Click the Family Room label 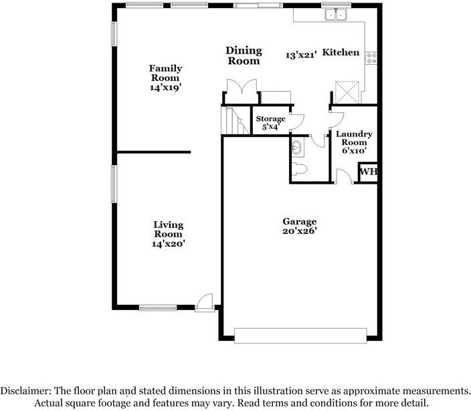coord(165,73)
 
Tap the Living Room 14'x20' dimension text coord(168,244)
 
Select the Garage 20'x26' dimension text coord(300,231)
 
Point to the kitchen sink coord(336,15)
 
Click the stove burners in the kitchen coord(371,58)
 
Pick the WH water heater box coord(368,172)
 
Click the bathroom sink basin coord(297,148)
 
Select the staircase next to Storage coord(235,120)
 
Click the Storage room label coord(270,119)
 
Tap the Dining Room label coord(244,55)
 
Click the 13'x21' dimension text coord(301,55)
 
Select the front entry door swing coord(205,301)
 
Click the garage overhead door coord(300,335)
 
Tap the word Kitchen coord(341,52)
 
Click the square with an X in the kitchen coord(347,92)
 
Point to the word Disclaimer coord(27,391)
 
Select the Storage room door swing coord(297,122)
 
